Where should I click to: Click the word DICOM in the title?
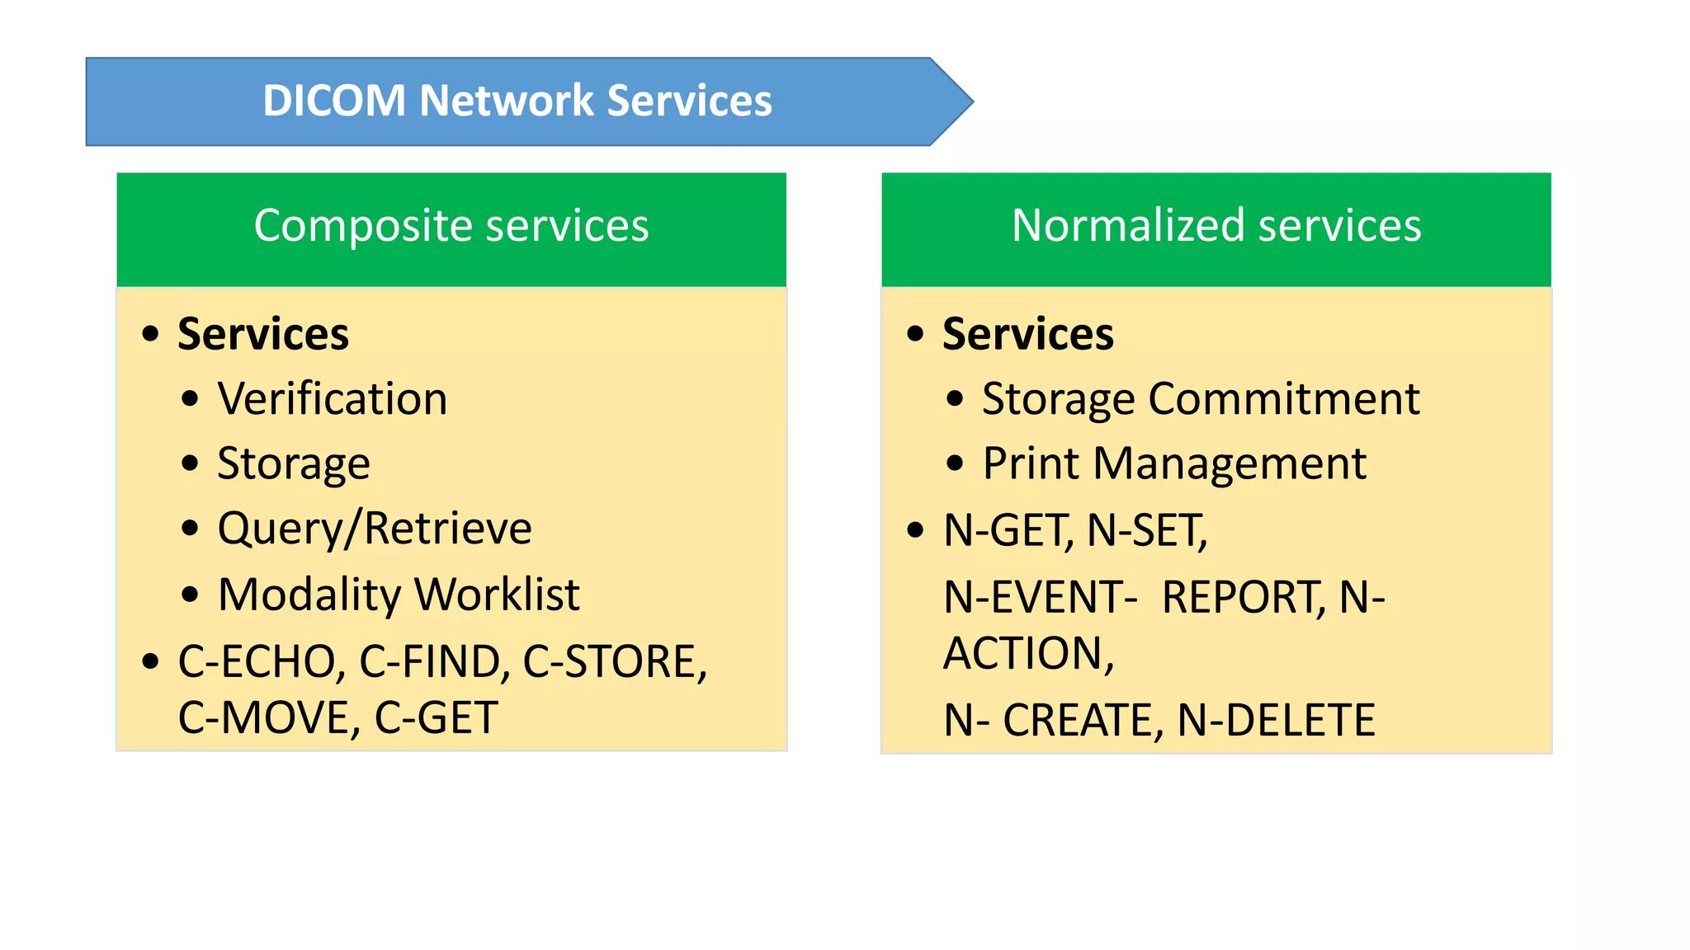334,101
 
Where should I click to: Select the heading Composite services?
451,226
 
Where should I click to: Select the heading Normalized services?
1216,226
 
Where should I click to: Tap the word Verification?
332,399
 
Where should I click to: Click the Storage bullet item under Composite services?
293,464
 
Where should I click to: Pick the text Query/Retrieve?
375,529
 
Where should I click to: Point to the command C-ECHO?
257,662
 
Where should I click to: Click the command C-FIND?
431,662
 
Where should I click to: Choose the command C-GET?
436,718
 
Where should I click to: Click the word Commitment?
1284,399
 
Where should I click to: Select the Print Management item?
1173,464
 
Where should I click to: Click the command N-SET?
1144,530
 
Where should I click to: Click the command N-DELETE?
1276,721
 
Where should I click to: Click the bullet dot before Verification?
191,400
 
